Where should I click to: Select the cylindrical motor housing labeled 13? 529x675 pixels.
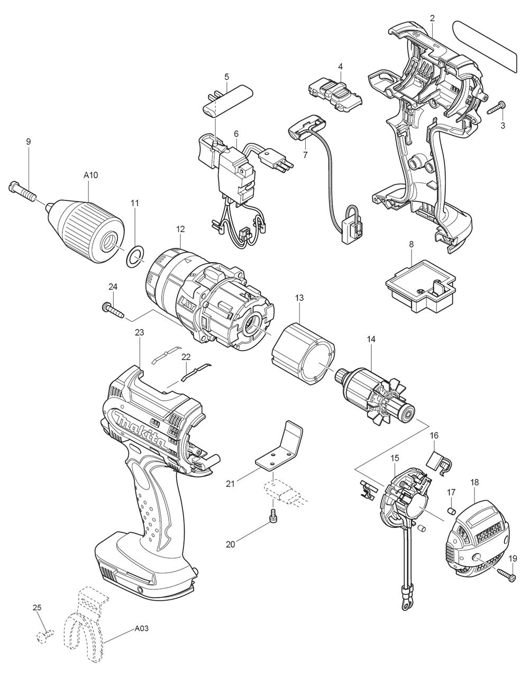(x=302, y=357)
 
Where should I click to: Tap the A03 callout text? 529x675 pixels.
(x=141, y=629)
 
